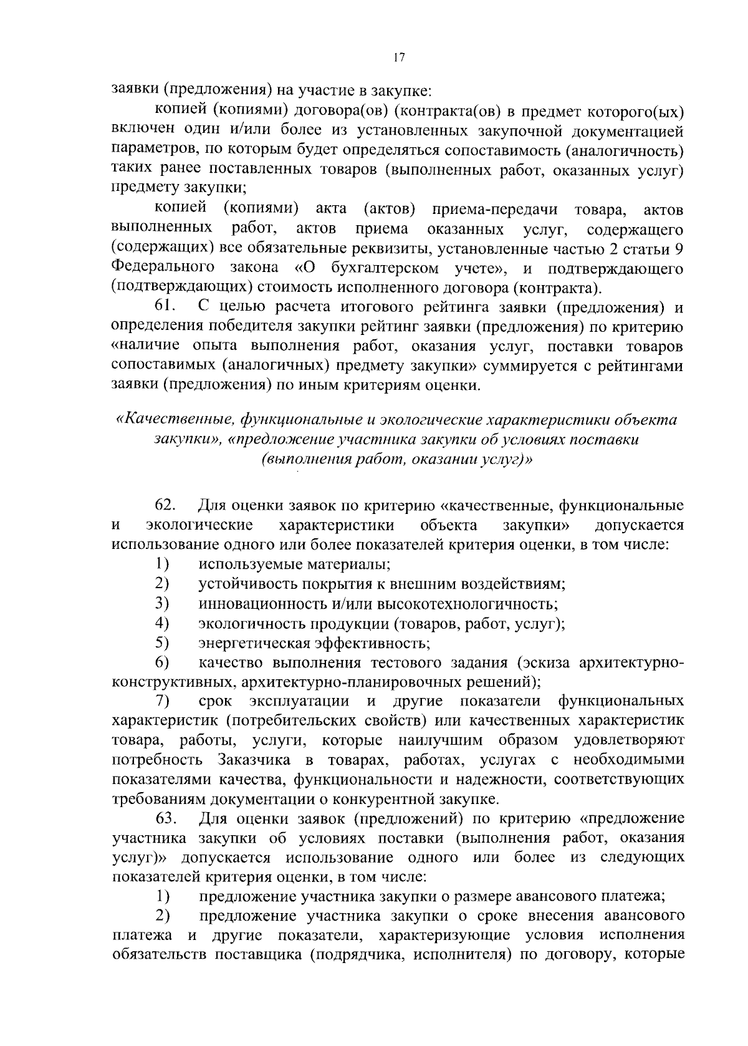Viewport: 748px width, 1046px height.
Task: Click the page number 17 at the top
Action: pos(400,57)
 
